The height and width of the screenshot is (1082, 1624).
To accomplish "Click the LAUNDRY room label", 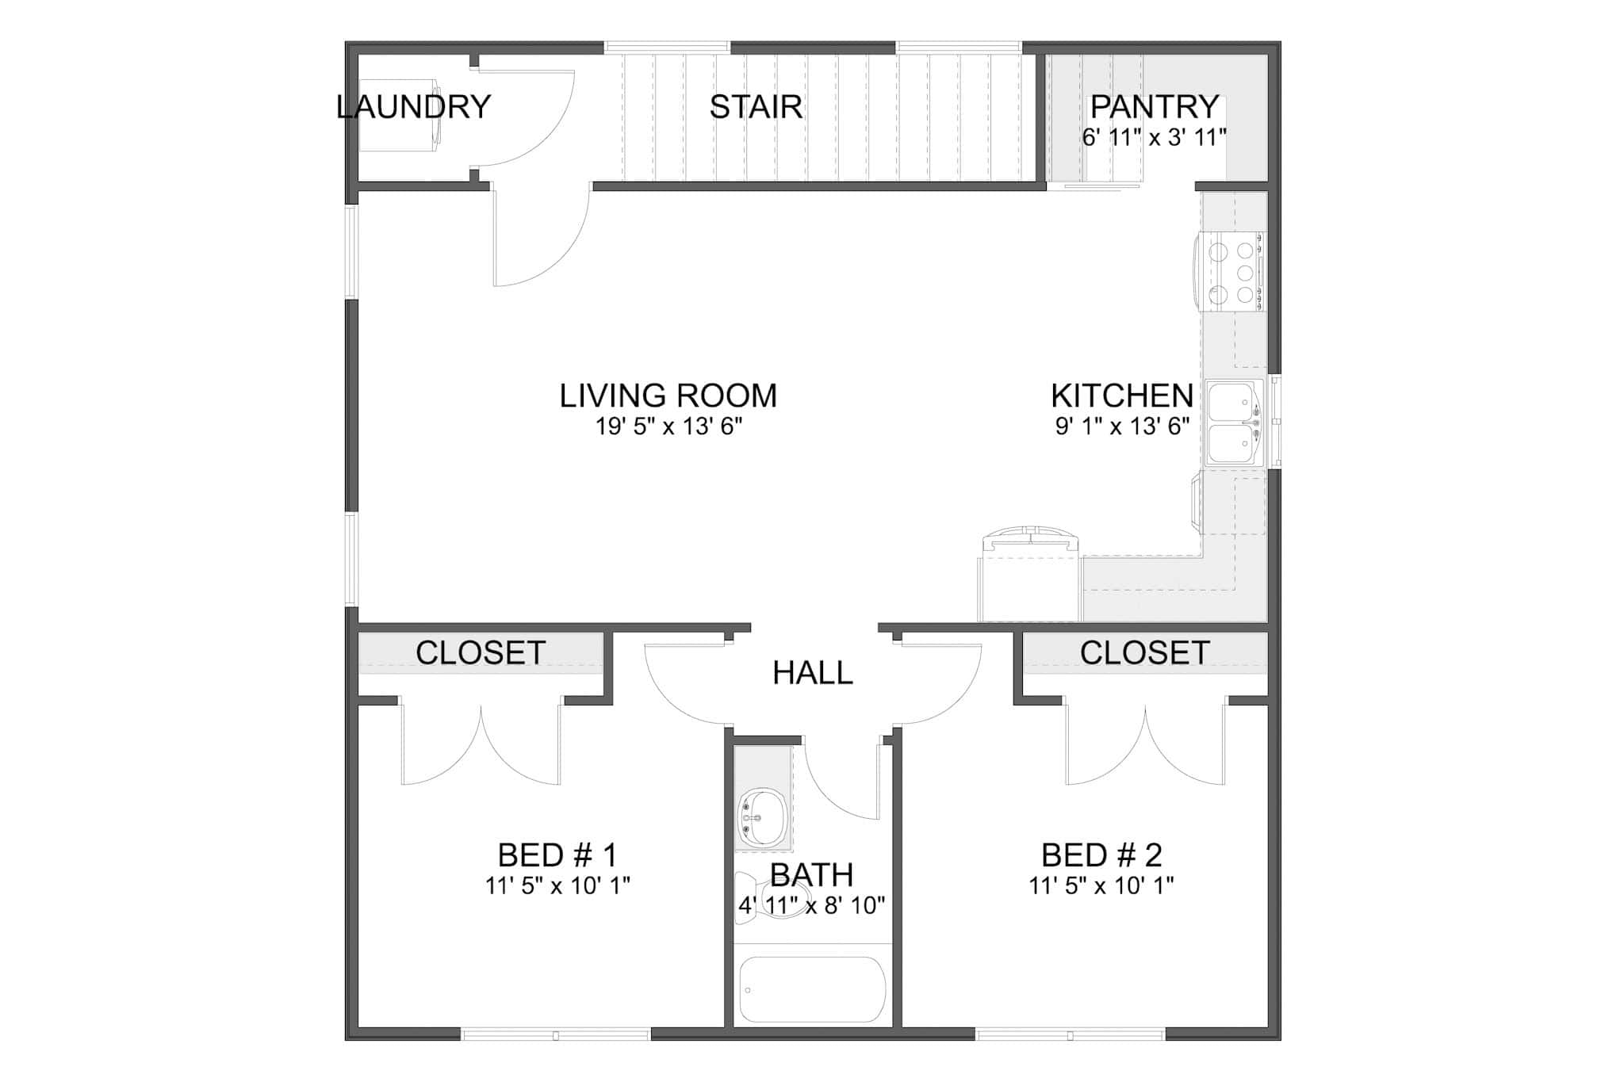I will point(413,106).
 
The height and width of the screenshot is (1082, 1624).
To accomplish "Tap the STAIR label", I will point(755,107).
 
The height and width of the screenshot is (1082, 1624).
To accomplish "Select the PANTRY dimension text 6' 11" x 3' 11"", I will point(1154,137).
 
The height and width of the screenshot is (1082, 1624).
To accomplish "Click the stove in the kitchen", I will point(1232,272).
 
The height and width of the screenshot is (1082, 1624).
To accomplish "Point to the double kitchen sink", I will point(1234,422).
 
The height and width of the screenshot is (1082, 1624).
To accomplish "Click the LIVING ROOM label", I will point(668,396).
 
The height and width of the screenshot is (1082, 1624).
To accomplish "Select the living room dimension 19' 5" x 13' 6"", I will point(668,427).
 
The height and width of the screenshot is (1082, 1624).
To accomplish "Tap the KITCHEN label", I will point(1121,396).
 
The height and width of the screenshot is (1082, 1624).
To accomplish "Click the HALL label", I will point(812,673).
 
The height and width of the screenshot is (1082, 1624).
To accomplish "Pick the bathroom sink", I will point(763,816).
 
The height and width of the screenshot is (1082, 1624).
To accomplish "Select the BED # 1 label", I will point(557,855).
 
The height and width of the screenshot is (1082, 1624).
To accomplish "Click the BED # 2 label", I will point(1101,855).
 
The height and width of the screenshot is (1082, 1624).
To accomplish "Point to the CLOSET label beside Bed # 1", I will point(481,653).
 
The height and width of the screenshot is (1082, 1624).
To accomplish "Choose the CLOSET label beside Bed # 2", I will point(1143,653).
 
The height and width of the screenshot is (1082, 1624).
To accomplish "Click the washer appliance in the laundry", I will point(399,115).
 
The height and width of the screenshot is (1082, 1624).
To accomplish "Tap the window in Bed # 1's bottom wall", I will point(555,1034).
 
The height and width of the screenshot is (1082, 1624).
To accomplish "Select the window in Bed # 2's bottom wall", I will point(1070,1034).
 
